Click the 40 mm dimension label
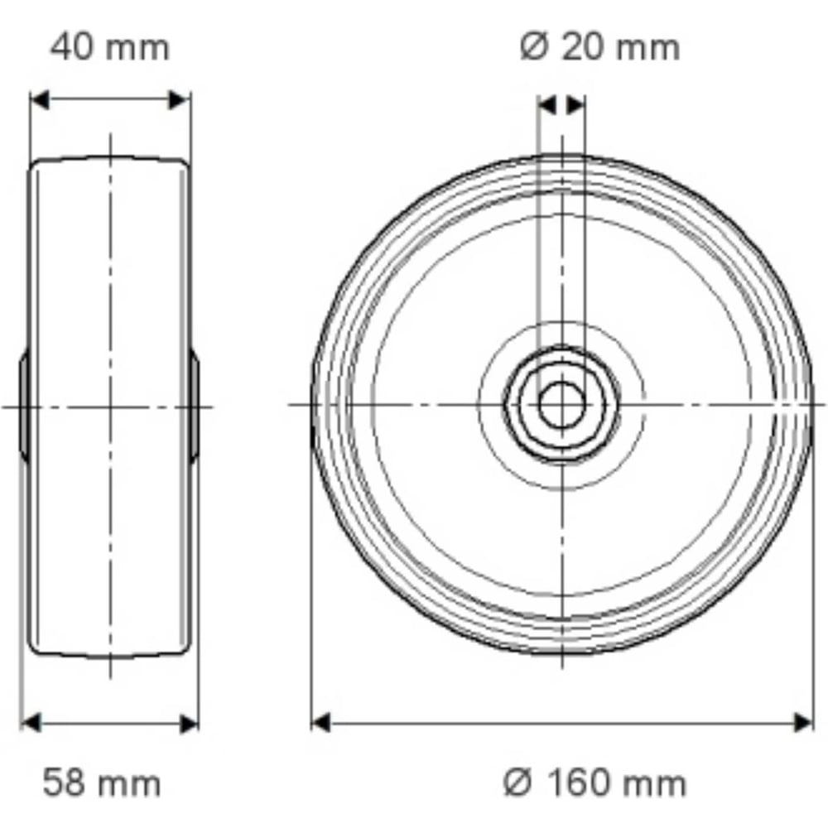coord(110,47)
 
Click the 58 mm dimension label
coord(102,782)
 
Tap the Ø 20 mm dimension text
coord(599,47)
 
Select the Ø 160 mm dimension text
coord(595,782)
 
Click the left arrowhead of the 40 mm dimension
coord(39,100)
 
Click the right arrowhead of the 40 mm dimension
coord(179,100)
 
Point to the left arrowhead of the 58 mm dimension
coord(31,723)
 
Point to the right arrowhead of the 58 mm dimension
coord(189,723)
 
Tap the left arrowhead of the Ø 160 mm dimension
coord(321,722)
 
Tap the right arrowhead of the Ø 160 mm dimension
coord(802,722)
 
